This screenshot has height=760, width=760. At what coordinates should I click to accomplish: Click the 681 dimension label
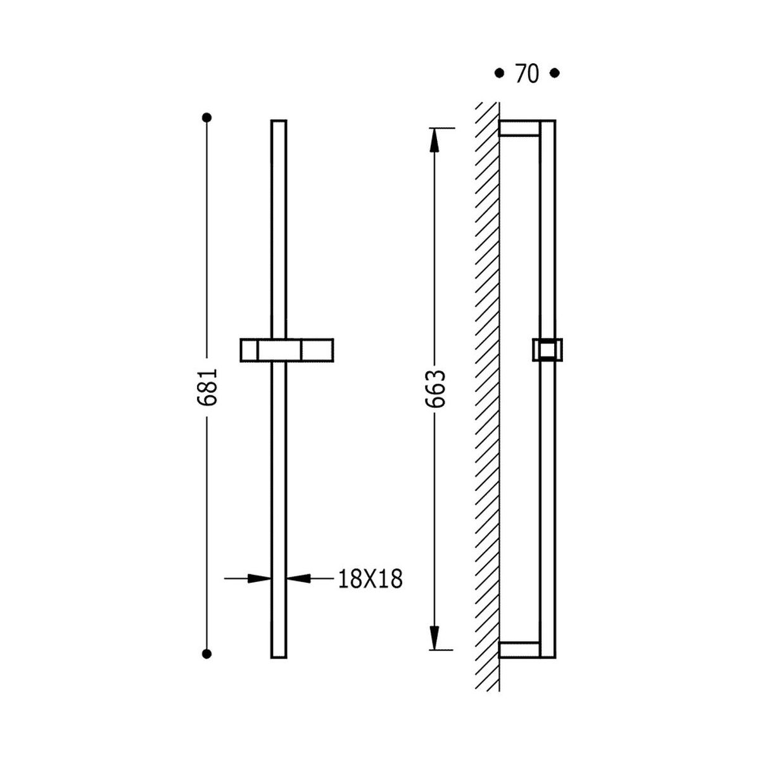206,388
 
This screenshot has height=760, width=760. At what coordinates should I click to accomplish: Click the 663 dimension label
435,389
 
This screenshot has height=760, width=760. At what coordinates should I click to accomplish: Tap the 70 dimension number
527,73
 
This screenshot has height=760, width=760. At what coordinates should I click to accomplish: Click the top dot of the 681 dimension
206,118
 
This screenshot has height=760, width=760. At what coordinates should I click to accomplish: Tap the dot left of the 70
499,73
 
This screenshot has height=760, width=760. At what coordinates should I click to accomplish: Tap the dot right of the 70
555,73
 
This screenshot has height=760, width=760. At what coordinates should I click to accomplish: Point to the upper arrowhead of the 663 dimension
434,141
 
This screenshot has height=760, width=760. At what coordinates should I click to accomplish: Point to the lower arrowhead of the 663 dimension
434,637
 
